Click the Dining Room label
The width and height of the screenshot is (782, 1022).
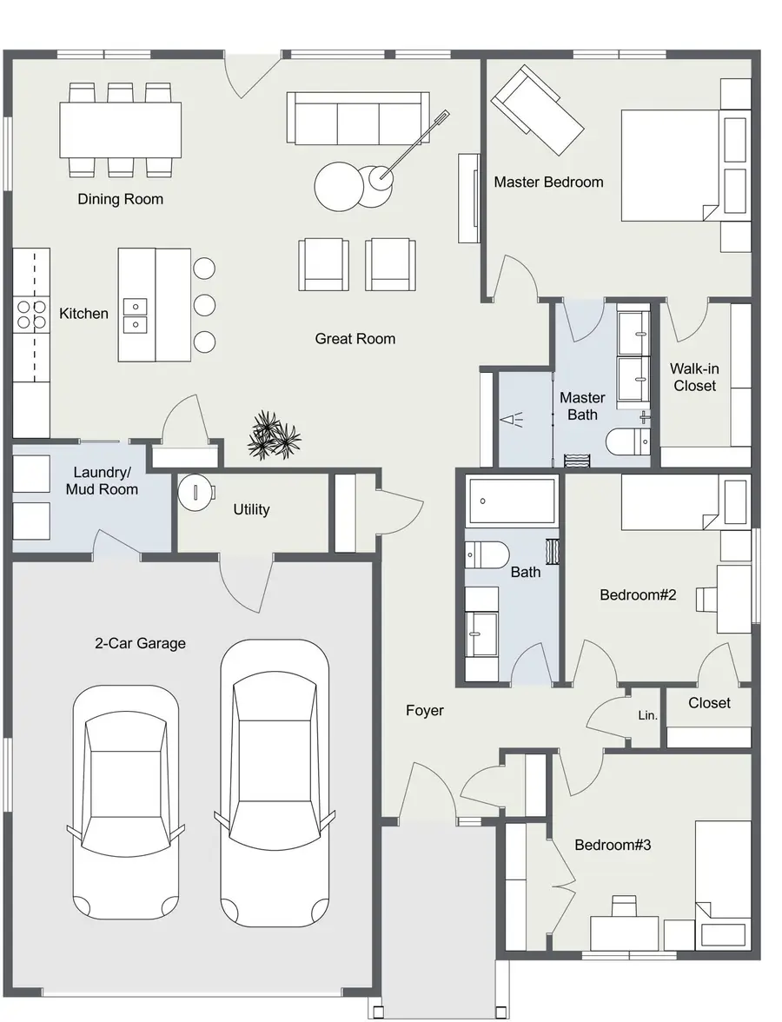coord(121,200)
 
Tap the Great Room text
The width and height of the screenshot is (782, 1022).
coord(355,339)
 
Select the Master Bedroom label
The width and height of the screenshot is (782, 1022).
coord(549,182)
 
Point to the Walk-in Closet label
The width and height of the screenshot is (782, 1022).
coord(695,377)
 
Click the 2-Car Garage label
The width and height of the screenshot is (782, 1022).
coord(140,643)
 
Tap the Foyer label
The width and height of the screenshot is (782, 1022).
coord(425,711)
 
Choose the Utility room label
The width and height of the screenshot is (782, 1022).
coord(252,509)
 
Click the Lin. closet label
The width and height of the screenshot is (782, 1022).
coord(648,716)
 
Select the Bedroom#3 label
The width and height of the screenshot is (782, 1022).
coord(613,846)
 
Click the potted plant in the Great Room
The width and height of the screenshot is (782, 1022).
coord(274,435)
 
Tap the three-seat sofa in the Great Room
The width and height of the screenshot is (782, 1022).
coord(358,118)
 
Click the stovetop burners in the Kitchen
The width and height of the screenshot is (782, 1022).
coord(31,314)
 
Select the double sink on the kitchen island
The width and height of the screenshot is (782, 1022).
coord(136,315)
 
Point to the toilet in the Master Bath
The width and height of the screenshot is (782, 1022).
coord(628,441)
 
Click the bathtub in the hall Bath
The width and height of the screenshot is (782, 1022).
coord(513,501)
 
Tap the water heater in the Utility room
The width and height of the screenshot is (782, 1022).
coord(196,492)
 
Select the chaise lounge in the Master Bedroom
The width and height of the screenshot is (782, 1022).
coord(538,111)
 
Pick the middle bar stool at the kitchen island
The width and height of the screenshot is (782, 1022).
coord(205,305)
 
